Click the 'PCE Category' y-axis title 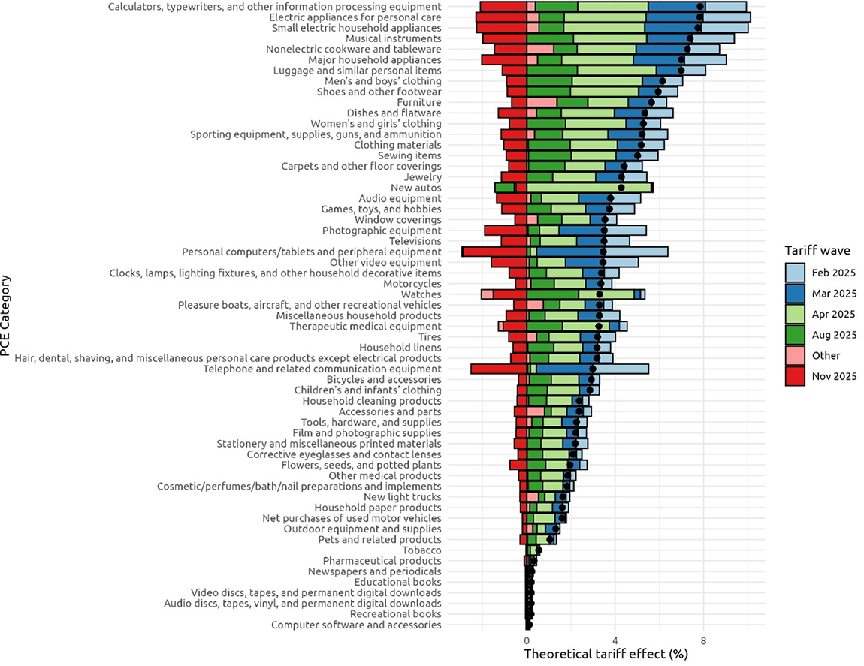point(7,315)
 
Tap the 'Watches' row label point(421,294)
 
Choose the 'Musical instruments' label point(393,38)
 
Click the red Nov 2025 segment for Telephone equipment point(498,369)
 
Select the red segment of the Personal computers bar point(494,252)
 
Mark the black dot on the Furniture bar point(651,102)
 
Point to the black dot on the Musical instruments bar point(690,38)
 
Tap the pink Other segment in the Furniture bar point(542,102)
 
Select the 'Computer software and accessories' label point(356,625)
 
